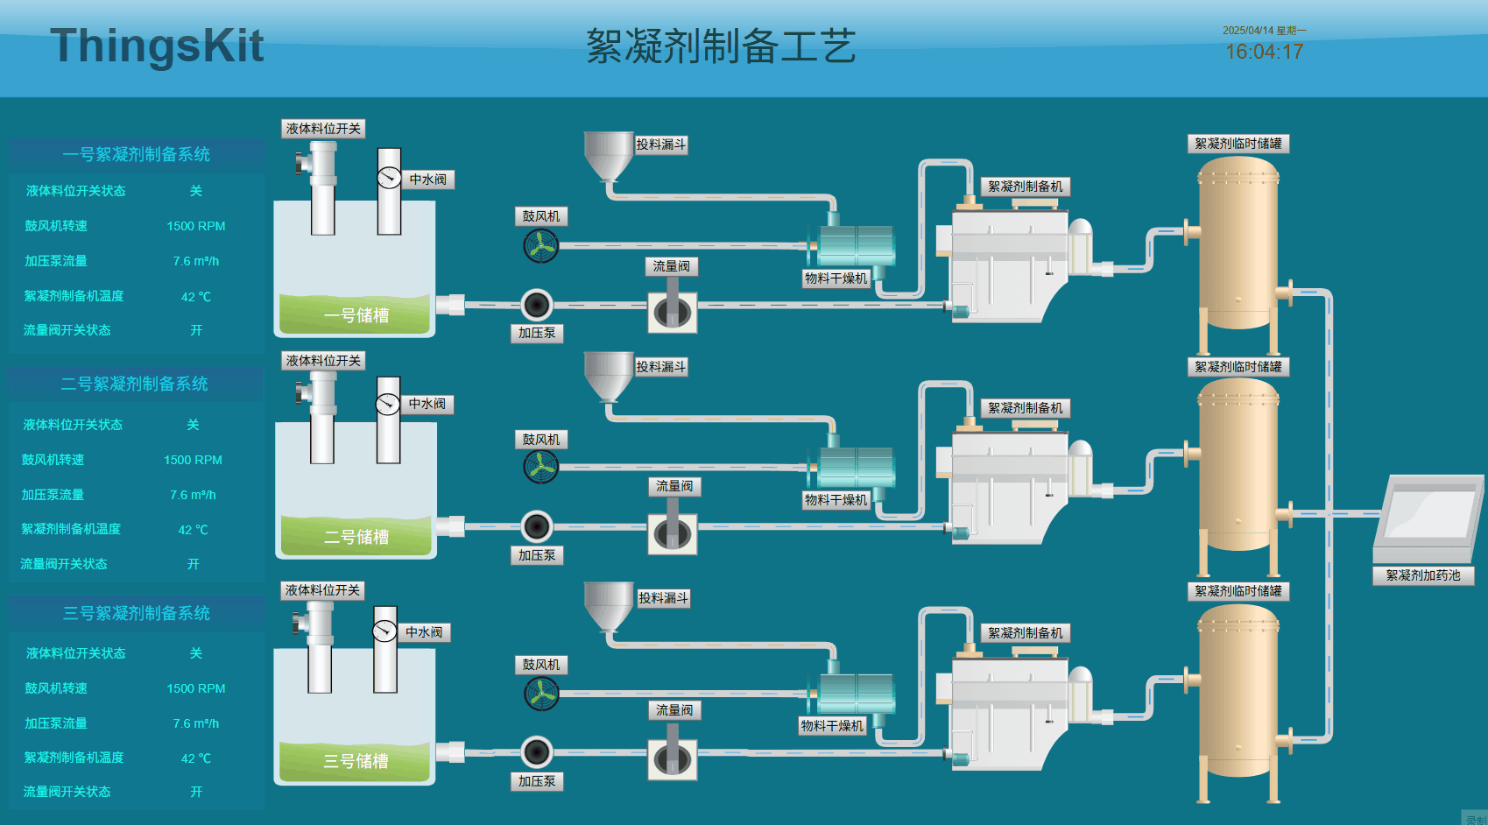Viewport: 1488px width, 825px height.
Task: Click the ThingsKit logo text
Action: click(x=157, y=46)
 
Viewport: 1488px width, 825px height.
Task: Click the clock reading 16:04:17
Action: click(x=1264, y=52)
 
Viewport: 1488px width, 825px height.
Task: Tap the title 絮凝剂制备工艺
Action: click(x=720, y=46)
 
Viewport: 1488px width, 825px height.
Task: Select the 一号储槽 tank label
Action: click(x=356, y=315)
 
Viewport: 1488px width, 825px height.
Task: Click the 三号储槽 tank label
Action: click(x=356, y=761)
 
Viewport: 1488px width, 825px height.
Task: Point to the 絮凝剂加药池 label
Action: click(x=1422, y=575)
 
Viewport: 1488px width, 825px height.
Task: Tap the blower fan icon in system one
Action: click(x=540, y=246)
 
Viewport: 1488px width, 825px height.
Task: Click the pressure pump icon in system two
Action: click(x=537, y=527)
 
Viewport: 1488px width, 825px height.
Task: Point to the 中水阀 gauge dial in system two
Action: click(x=387, y=404)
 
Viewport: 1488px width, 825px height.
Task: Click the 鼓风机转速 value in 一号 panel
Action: click(x=196, y=226)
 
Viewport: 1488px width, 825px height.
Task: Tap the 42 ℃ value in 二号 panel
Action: click(x=193, y=530)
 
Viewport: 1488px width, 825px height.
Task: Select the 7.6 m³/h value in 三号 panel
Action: click(x=196, y=723)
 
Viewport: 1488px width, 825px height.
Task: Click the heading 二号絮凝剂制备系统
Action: click(x=135, y=384)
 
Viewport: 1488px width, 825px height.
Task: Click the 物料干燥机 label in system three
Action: click(x=832, y=726)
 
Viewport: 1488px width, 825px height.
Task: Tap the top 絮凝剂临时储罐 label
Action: click(x=1238, y=144)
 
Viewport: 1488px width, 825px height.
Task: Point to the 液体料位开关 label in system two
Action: click(x=323, y=360)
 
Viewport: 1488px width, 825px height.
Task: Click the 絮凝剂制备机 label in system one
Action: click(x=1025, y=187)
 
